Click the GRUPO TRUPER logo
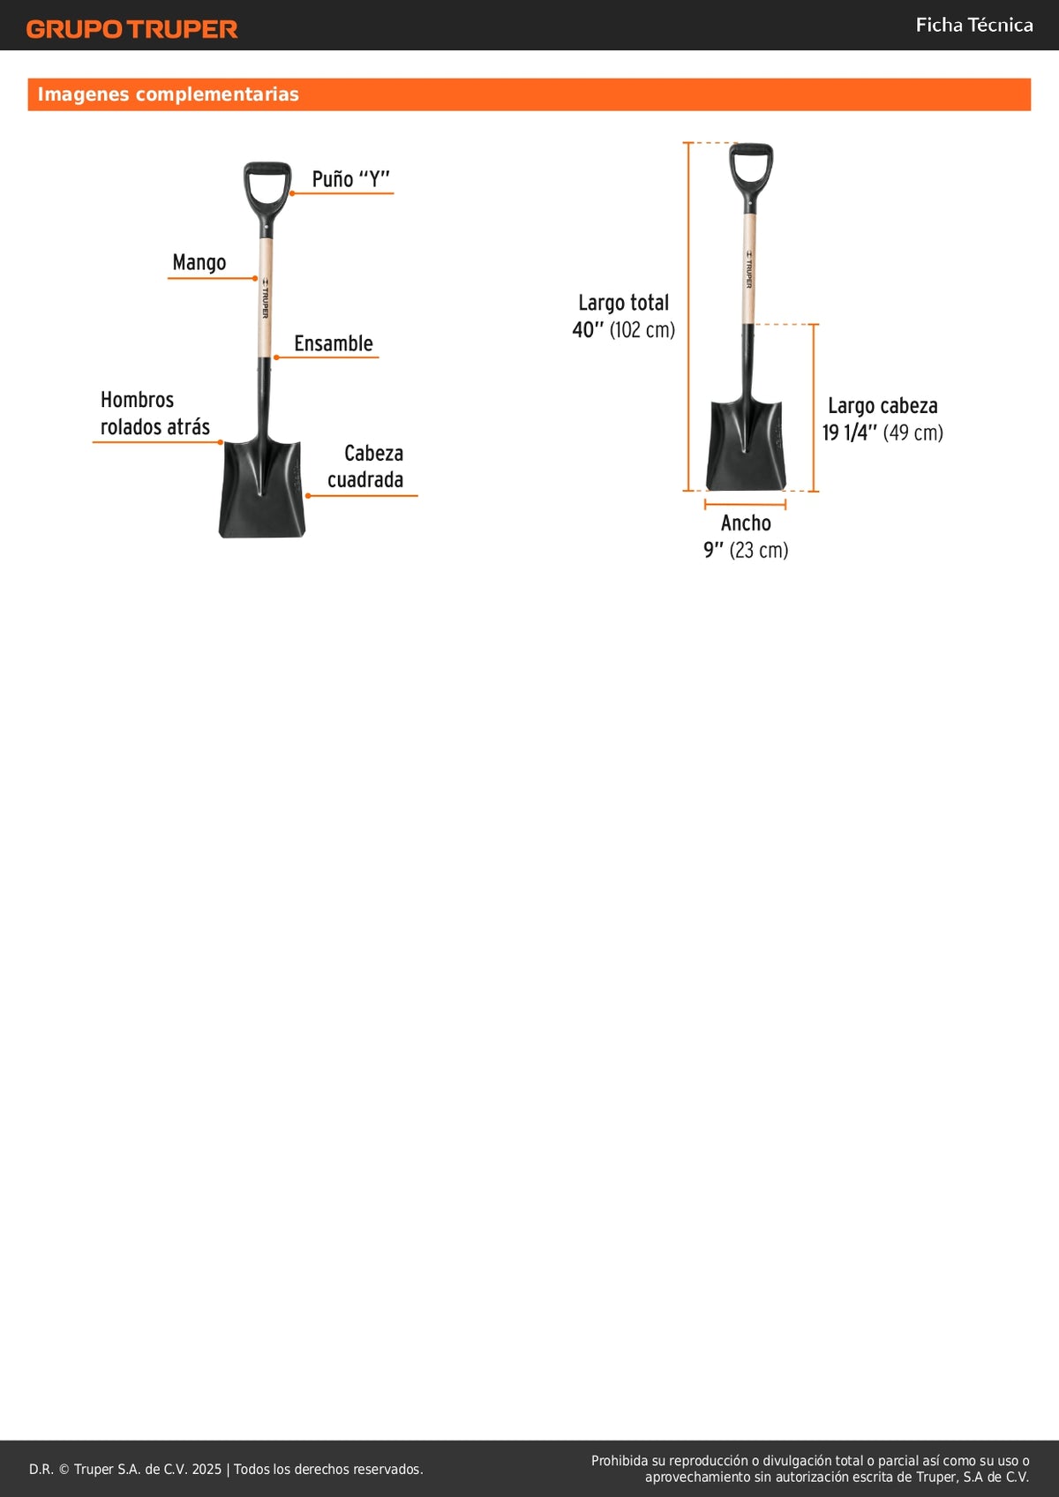tap(131, 29)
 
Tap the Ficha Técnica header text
tap(974, 25)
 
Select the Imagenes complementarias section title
tap(169, 94)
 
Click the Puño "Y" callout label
tap(350, 179)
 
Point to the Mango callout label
tap(199, 263)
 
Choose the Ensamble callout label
tap(334, 343)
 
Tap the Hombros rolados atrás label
tap(155, 413)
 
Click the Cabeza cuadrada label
tap(365, 466)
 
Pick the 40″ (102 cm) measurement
tap(623, 330)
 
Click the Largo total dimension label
tap(623, 303)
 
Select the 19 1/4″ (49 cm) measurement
tap(882, 433)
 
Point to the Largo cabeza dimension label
tap(882, 406)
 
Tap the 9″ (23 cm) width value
tap(746, 550)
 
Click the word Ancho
tap(746, 523)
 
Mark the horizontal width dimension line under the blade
tap(745, 505)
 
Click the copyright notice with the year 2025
tap(226, 1470)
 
